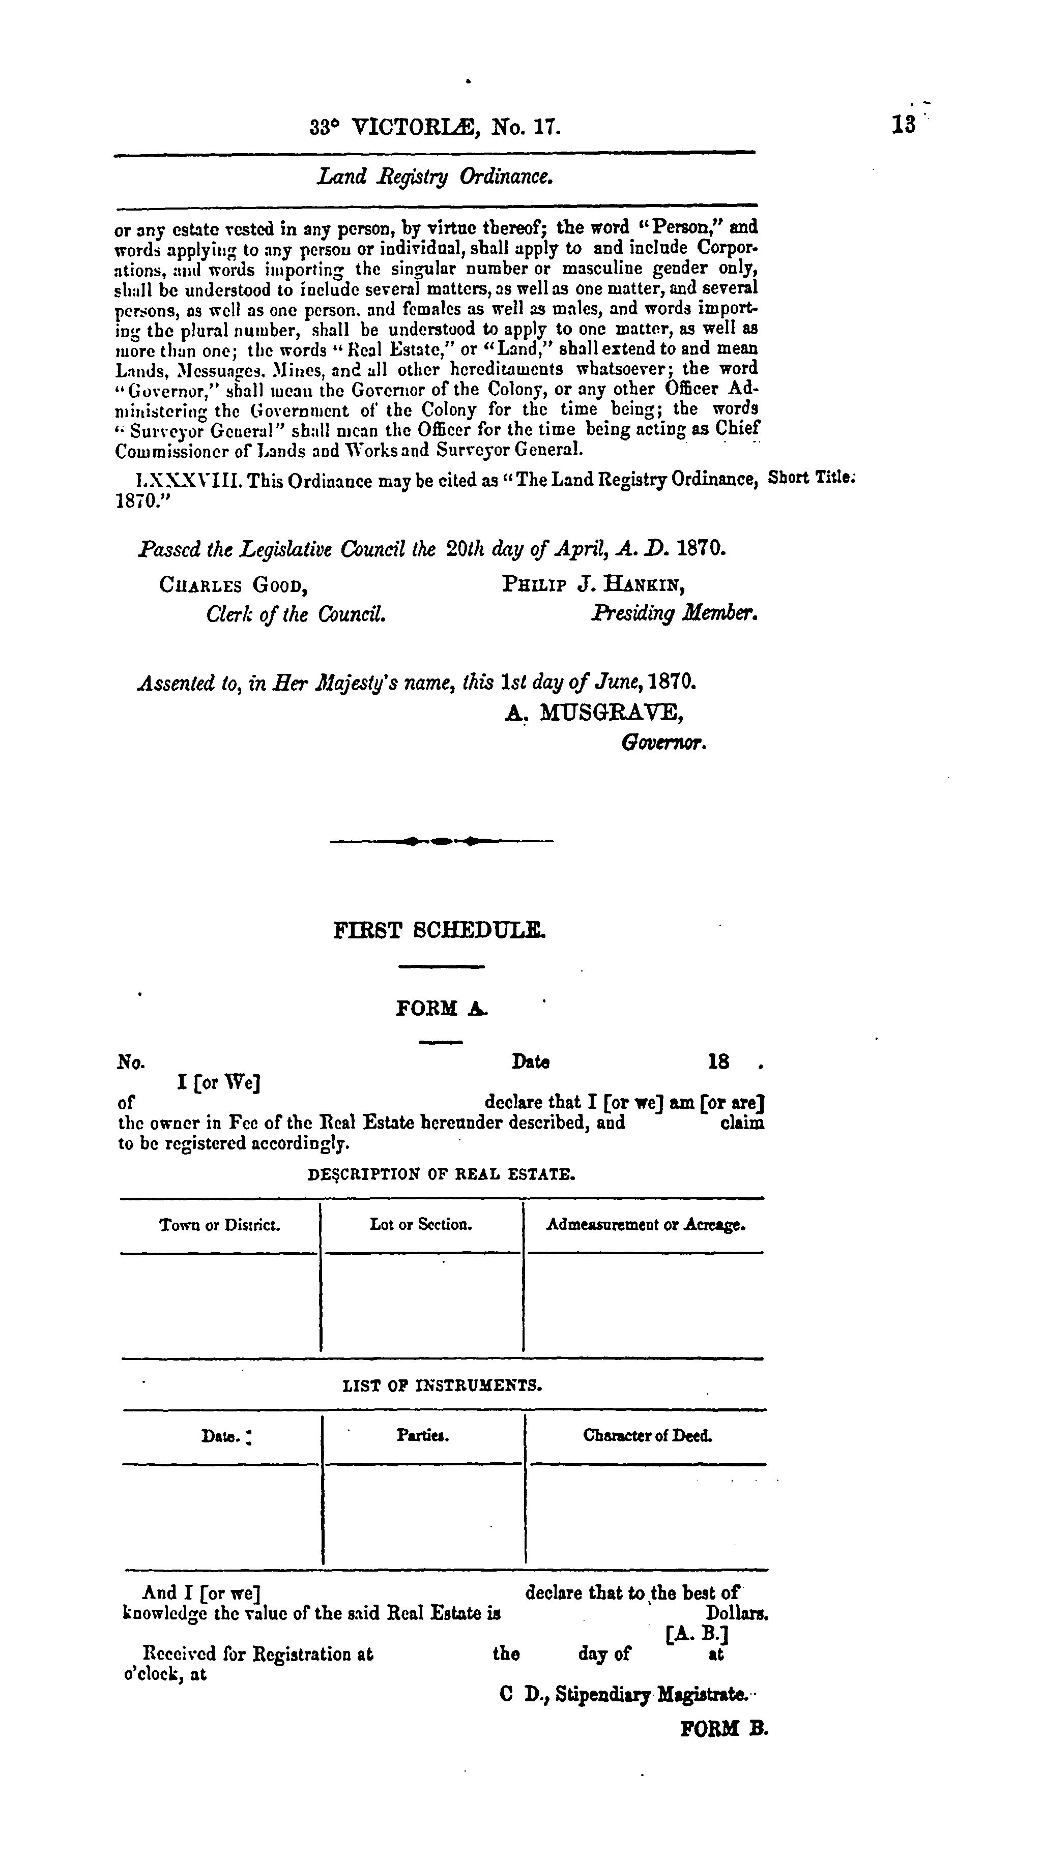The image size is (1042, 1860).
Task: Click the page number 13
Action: coord(903,124)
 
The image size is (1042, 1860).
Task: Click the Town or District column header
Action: coord(219,1225)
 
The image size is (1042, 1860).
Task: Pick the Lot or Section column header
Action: coord(421,1225)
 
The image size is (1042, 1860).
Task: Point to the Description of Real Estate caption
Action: coord(441,1175)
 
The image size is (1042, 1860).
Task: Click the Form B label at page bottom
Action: coord(725,1729)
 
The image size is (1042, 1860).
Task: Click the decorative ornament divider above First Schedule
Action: coord(441,840)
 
